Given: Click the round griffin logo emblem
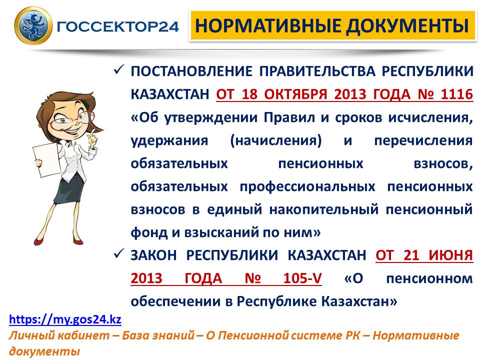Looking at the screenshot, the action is coord(33,25).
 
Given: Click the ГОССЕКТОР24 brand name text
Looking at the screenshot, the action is coord(117,26).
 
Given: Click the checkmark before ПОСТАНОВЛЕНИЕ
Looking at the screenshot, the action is coord(118,70).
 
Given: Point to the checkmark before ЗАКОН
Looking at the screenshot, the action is coord(118,254).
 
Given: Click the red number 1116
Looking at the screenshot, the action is coord(456,93).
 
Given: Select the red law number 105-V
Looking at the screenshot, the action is coord(302,278).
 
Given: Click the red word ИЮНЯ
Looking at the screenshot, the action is coord(451,255).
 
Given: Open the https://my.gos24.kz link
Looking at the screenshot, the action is coord(65,319).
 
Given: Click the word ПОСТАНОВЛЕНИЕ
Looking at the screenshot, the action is coord(191,71).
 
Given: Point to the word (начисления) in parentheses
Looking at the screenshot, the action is coord(276,140).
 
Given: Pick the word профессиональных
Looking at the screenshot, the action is coord(307,186).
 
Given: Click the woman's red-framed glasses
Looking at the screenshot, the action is coord(69,120).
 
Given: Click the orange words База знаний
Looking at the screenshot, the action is coord(158,335).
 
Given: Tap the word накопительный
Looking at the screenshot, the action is coord(324,209).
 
